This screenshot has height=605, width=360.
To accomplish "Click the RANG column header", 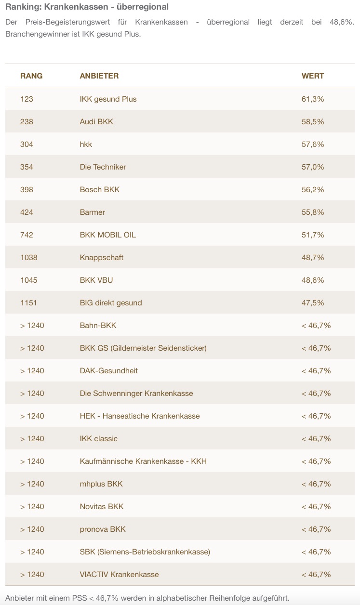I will (x=31, y=76).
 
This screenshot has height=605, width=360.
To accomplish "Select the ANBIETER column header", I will (x=99, y=76).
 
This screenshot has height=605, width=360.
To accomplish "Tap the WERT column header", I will (x=313, y=76).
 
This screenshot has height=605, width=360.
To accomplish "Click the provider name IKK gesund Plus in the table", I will (x=108, y=99).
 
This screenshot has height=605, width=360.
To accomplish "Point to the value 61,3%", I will (x=313, y=99).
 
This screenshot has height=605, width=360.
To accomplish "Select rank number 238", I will (x=27, y=122).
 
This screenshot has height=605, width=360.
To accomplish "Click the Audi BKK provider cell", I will (x=96, y=122).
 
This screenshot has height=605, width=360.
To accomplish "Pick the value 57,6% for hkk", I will (x=313, y=145).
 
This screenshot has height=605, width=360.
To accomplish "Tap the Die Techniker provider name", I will (x=103, y=167).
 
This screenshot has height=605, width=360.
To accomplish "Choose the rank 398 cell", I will (x=27, y=190).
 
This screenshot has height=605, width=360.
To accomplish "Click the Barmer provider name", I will (x=92, y=212).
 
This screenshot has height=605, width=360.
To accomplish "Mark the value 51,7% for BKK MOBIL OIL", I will (x=313, y=235).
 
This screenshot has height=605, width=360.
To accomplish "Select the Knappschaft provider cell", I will (x=101, y=258).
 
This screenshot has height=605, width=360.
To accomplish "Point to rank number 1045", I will (x=28, y=280).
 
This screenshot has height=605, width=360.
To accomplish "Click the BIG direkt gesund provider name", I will (x=111, y=303).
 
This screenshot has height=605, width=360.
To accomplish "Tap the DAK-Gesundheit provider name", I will (x=108, y=371).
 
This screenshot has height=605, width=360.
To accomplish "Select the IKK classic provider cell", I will (x=98, y=439).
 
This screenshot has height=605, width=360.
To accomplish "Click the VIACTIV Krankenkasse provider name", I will (x=119, y=575).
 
